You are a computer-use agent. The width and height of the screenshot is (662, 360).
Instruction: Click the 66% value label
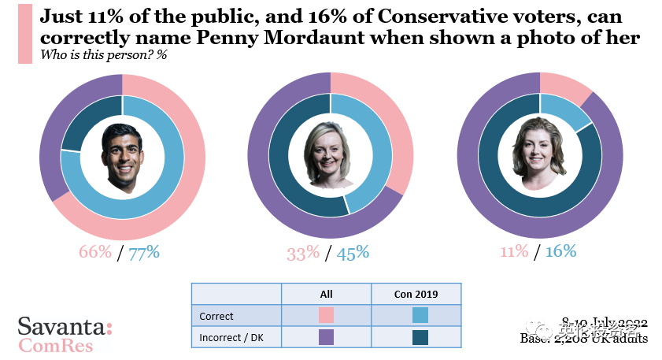pos(95,252)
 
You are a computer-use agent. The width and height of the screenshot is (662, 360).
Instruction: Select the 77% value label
pos(144,252)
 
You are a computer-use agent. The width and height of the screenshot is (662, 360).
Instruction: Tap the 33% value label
pos(303,254)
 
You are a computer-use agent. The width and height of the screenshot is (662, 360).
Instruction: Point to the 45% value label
pos(353,254)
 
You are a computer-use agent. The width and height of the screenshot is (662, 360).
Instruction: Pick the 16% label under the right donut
pos(560,252)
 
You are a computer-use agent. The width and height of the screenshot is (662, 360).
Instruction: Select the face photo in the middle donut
pos(331,154)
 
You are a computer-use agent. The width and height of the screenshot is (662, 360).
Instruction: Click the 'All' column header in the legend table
pos(327,294)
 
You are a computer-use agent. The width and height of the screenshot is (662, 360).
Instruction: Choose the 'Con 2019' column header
pos(416,294)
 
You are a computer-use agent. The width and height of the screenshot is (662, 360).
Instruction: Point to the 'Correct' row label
pos(216,316)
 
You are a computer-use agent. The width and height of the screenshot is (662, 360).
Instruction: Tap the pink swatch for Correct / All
pos(327,316)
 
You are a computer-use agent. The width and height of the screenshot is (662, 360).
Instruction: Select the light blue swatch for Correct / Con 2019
pos(420,316)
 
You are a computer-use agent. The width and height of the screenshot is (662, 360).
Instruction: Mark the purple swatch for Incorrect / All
pos(327,337)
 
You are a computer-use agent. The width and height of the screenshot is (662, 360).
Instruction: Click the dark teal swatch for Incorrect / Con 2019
pos(420,337)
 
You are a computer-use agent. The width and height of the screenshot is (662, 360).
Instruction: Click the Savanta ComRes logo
pos(65,335)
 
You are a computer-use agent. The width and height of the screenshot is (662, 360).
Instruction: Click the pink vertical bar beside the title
pos(24,34)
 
